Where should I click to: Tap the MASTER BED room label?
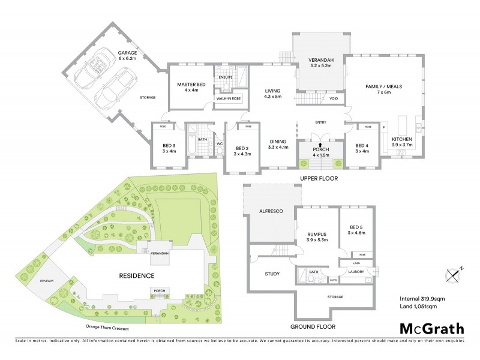191,88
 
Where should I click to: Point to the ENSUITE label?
226,77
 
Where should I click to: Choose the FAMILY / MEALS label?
383,90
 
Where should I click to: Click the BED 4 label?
361,148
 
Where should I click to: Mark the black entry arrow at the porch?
320,145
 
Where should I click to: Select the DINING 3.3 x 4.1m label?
278,144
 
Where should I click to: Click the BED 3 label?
169,148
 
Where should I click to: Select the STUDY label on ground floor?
272,274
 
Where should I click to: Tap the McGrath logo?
431,328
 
